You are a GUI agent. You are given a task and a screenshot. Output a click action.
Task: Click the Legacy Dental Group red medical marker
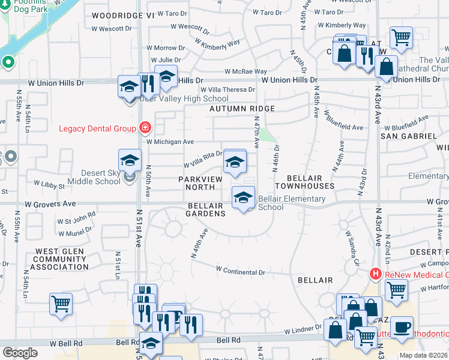pyautogui.click(x=144, y=127)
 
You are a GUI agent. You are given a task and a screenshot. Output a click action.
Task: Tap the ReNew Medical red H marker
pyautogui.click(x=376, y=274)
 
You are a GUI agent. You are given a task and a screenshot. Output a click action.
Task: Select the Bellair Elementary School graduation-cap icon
pyautogui.click(x=243, y=197)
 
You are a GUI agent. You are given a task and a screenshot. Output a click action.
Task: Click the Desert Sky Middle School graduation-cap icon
pyautogui.click(x=130, y=161)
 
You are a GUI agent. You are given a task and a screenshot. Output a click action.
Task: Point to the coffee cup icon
pyautogui.click(x=402, y=327)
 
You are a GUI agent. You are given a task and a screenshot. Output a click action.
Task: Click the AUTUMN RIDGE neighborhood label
pyautogui.click(x=242, y=109)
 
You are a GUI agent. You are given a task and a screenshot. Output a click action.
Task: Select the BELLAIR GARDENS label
pyautogui.click(x=205, y=206)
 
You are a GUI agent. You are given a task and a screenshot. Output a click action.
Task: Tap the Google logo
pyautogui.click(x=19, y=353)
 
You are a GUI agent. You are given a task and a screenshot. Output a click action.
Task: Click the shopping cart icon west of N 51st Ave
pyautogui.click(x=61, y=304)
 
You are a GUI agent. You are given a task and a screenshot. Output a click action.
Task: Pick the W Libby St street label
pyautogui.click(x=49, y=185)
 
